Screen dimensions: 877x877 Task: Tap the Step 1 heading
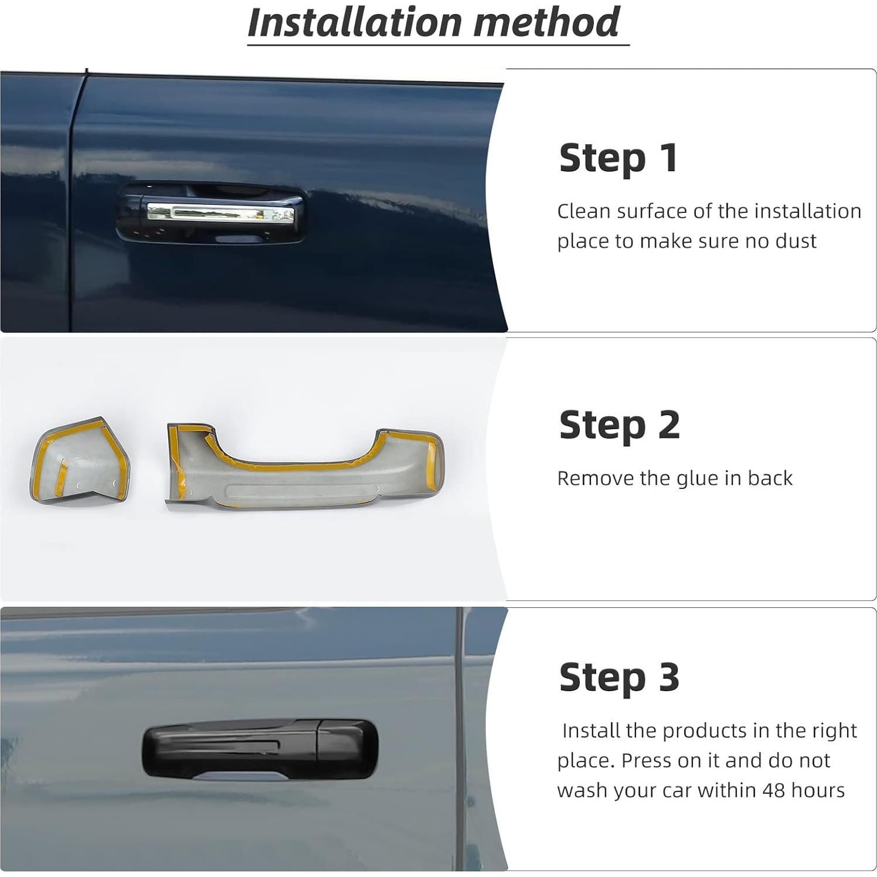point(618,158)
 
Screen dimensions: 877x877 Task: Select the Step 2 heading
point(619,425)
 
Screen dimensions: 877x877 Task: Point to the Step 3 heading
point(619,678)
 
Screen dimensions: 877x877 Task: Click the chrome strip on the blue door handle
point(220,213)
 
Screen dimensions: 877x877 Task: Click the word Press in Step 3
point(645,760)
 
